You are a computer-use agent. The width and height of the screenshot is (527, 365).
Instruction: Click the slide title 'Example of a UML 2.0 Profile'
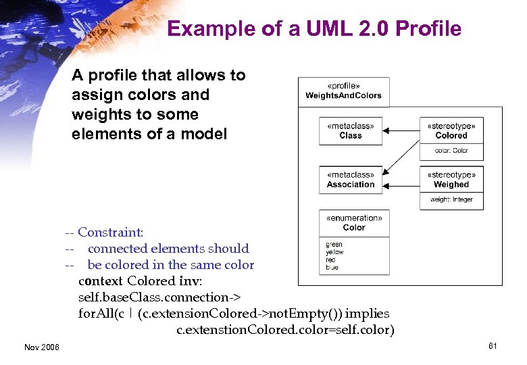pyautogui.click(x=314, y=29)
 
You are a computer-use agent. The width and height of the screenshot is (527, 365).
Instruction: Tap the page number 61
pyautogui.click(x=493, y=346)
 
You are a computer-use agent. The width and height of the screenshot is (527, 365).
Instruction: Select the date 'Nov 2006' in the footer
pyautogui.click(x=41, y=347)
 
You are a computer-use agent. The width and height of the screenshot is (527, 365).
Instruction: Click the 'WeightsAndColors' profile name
pyautogui.click(x=343, y=95)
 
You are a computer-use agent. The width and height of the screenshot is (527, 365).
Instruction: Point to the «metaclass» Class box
pyautogui.click(x=350, y=131)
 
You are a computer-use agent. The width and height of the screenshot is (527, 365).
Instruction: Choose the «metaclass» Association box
pyautogui.click(x=350, y=180)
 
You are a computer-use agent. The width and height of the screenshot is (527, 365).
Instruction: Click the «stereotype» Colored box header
pyautogui.click(x=451, y=130)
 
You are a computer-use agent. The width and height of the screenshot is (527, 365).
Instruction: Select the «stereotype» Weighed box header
pyautogui.click(x=451, y=179)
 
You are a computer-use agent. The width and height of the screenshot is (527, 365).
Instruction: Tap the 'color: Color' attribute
pyautogui.click(x=451, y=151)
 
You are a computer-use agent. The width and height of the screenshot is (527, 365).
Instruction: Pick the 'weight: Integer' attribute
pyautogui.click(x=451, y=199)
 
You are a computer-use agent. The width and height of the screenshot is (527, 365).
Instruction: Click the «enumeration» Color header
pyautogui.click(x=354, y=223)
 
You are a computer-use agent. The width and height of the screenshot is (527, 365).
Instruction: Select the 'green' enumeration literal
pyautogui.click(x=334, y=245)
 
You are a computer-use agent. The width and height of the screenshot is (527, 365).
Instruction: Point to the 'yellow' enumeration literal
pyautogui.click(x=334, y=252)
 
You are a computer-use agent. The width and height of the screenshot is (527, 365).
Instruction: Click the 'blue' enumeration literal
pyautogui.click(x=332, y=267)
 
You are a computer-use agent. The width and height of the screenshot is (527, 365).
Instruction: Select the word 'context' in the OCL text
pyautogui.click(x=101, y=281)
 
